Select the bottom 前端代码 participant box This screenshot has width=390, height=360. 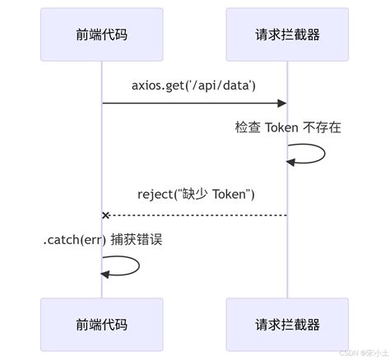tap(102, 325)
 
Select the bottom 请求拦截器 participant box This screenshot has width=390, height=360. tap(287, 325)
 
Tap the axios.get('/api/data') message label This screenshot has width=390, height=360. tap(195, 86)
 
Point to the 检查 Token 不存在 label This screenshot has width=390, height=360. tap(288, 128)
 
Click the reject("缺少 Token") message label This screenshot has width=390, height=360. tap(195, 194)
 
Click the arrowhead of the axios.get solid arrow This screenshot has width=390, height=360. tap(282, 104)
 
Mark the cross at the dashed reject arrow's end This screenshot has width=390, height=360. tap(105, 215)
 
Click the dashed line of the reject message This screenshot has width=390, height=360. tap(197, 215)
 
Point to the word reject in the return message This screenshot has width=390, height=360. tap(154, 194)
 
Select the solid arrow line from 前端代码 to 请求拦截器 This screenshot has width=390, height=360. tap(193, 104)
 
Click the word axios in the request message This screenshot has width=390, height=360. tap(146, 86)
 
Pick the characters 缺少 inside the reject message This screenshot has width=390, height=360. tap(201, 194)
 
